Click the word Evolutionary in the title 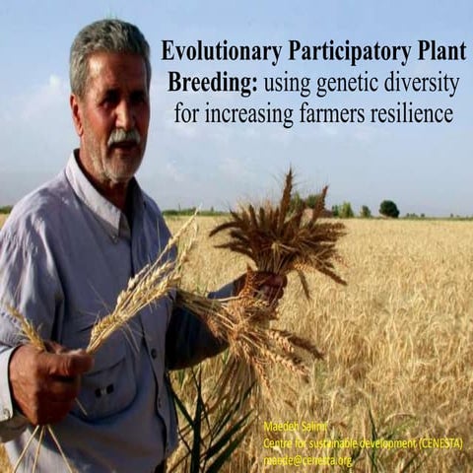[x=220, y=51]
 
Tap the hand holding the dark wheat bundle [x=264, y=287]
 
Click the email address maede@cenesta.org [x=307, y=458]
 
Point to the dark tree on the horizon [x=389, y=209]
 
